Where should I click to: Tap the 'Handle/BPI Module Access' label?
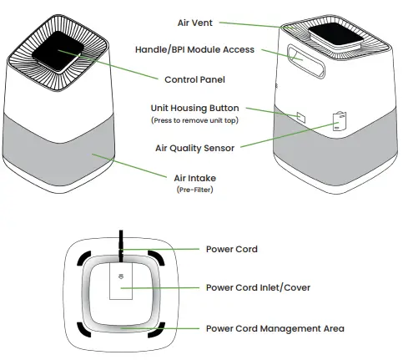(194, 50)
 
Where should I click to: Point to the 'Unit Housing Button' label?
(194, 109)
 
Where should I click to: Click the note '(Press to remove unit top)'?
(194, 121)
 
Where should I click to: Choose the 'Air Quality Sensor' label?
(194, 147)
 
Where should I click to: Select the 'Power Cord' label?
(231, 249)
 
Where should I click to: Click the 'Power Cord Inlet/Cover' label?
(258, 287)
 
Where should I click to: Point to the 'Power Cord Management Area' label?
(274, 328)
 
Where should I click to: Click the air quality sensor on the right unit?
(339, 120)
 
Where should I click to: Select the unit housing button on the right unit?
(300, 117)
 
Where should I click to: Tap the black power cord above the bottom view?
(123, 240)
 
